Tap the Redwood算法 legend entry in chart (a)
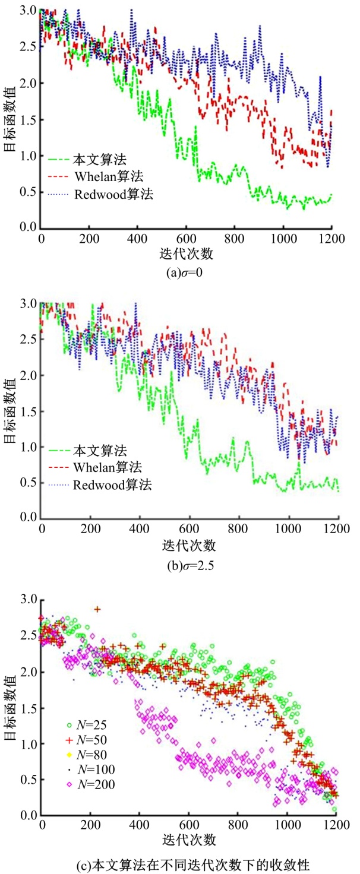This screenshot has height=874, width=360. click(113, 194)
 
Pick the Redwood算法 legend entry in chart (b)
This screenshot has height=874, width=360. click(113, 485)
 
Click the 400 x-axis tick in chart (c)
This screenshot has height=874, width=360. click(139, 826)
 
